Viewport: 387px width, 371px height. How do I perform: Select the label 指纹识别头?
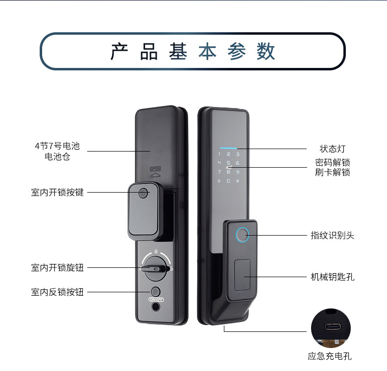point(333,235)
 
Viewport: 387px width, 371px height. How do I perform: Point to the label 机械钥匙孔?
point(333,277)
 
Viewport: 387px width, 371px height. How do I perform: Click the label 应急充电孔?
point(330,356)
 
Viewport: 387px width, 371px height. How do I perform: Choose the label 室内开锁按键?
point(57,193)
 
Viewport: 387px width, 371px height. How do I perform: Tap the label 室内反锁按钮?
point(57,292)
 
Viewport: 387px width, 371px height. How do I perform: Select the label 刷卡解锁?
point(333,172)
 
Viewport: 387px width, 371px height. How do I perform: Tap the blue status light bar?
point(228,147)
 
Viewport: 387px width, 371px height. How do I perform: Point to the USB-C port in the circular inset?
point(331,327)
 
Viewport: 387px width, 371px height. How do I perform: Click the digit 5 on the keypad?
point(228,163)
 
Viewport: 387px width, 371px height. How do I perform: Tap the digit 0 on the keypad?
point(228,181)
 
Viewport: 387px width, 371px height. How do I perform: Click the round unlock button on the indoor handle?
point(143,193)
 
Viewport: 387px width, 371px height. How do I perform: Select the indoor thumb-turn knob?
point(155,268)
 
